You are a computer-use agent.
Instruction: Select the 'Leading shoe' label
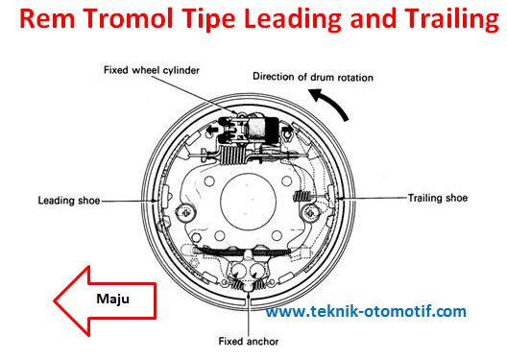(66, 201)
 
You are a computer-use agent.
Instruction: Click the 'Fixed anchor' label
(250, 341)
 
